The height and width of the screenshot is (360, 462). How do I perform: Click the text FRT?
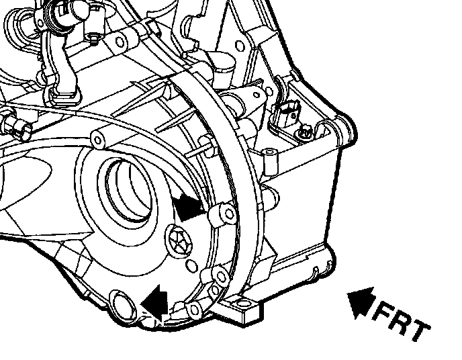402,322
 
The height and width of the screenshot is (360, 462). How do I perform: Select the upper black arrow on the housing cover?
187,206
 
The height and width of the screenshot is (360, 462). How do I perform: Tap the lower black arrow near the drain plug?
155,302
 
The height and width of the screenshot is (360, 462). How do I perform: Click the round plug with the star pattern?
179,240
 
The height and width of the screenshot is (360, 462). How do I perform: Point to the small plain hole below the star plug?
193,265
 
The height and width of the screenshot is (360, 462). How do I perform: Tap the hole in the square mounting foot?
243,303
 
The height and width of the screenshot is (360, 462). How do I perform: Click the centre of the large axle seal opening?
128,189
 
